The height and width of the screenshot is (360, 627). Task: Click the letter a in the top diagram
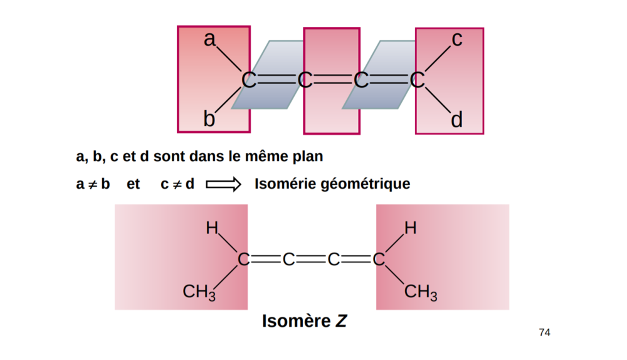pyautogui.click(x=209, y=40)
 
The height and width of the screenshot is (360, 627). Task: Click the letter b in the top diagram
pyautogui.click(x=209, y=119)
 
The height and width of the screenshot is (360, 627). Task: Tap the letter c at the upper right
pyautogui.click(x=457, y=40)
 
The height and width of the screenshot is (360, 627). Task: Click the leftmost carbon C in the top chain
pyautogui.click(x=250, y=80)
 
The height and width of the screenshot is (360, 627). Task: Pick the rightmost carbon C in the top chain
pyautogui.click(x=418, y=80)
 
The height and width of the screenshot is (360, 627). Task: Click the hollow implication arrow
pyautogui.click(x=224, y=184)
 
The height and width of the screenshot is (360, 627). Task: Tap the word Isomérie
pyautogui.click(x=285, y=184)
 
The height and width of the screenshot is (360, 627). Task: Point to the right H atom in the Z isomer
pyautogui.click(x=410, y=228)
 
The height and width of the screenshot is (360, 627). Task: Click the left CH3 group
pyautogui.click(x=199, y=292)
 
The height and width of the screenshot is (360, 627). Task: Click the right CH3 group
pyautogui.click(x=420, y=292)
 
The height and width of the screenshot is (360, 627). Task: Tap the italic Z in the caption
pyautogui.click(x=340, y=322)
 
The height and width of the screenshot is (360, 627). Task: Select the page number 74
pyautogui.click(x=544, y=332)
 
